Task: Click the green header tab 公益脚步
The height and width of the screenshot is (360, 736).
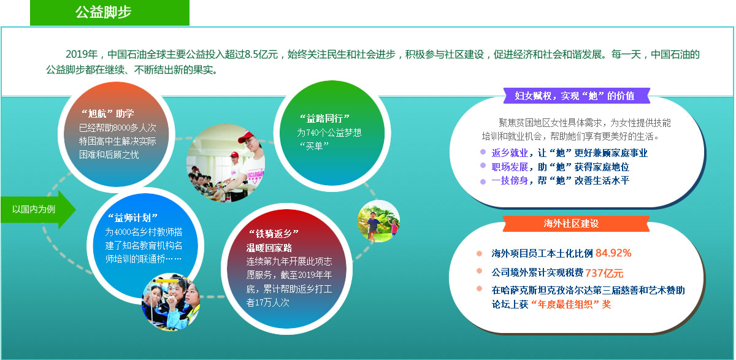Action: coord(110,12)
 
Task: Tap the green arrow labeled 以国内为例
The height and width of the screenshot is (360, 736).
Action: coord(39,210)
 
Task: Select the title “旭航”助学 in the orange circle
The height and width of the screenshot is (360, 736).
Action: coord(108,113)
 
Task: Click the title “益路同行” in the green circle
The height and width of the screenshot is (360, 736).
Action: coord(324,118)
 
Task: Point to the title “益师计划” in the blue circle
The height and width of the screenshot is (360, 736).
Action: coord(132,218)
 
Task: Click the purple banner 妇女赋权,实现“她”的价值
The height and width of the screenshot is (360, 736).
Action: coord(577,96)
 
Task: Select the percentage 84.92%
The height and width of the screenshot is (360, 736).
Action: coord(613,253)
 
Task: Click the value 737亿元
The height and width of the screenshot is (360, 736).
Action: coord(604,273)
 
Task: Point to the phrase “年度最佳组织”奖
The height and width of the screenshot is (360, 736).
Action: coord(571,304)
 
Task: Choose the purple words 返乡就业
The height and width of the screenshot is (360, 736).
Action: coord(510,153)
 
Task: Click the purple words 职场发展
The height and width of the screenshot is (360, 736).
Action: coord(510,167)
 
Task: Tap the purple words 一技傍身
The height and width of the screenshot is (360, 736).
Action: coord(510,181)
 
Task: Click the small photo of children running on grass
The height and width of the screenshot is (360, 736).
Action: coord(378,221)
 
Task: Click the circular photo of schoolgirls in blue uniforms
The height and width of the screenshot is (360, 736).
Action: coord(171,302)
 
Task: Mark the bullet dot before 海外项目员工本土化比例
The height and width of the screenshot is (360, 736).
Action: coord(480,253)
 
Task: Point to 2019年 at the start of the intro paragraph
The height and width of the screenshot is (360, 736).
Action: coord(82,54)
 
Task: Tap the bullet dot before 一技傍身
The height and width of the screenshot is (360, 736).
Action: coord(483,182)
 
